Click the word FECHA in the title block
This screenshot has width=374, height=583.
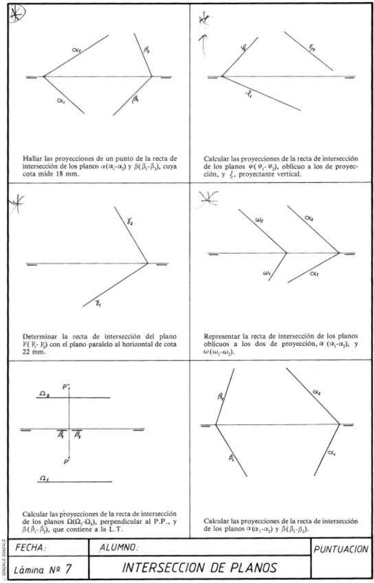pyautogui.click(x=29, y=548)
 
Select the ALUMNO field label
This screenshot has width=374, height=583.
pyautogui.click(x=118, y=548)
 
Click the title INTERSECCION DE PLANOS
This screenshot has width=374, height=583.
pyautogui.click(x=200, y=568)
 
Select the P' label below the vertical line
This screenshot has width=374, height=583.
pyautogui.click(x=67, y=459)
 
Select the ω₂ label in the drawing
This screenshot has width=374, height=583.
pyautogui.click(x=258, y=221)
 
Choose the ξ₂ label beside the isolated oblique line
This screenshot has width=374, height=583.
pyautogui.click(x=311, y=47)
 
